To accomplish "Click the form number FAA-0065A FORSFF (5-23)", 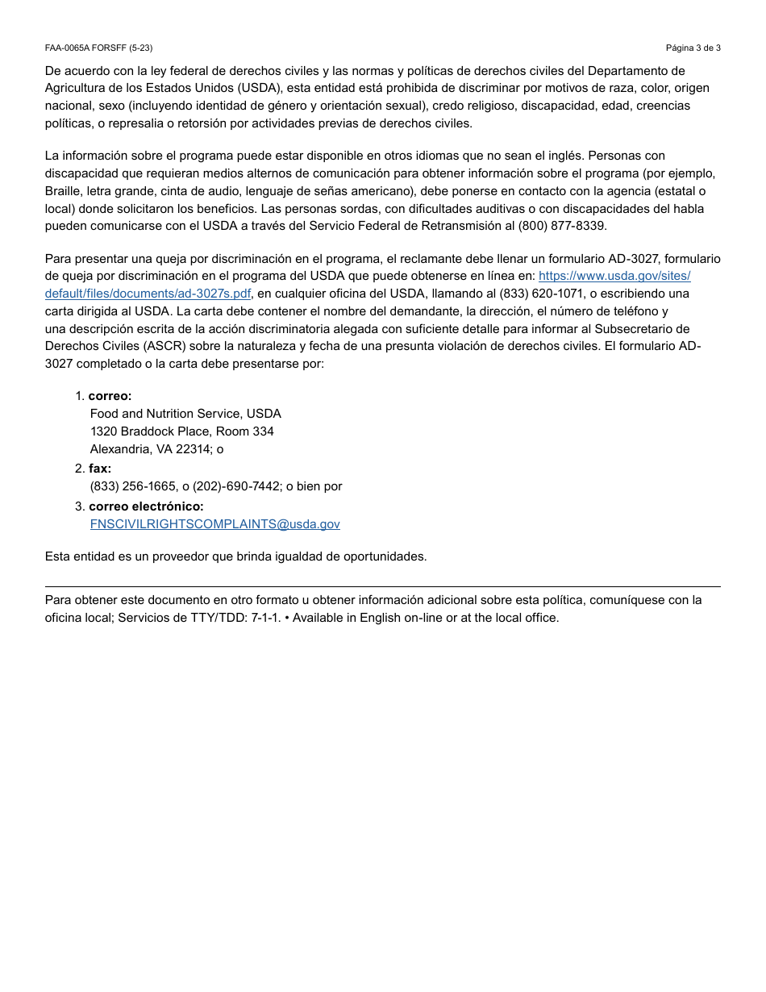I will click(x=98, y=48).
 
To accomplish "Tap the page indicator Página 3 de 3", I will click(x=693, y=48).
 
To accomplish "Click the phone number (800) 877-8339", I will click(x=562, y=226).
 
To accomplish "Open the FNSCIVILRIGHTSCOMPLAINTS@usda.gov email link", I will click(x=214, y=524).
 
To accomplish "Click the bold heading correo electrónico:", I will click(x=146, y=506).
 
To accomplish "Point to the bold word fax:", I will click(x=100, y=469).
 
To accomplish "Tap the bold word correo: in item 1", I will click(x=110, y=396).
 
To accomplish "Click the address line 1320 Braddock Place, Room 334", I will click(x=181, y=431).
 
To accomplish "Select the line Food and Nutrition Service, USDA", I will click(x=185, y=414).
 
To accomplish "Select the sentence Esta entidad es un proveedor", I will click(x=235, y=556).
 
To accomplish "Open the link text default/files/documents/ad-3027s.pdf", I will click(x=148, y=294).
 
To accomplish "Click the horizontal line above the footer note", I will click(x=383, y=586).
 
